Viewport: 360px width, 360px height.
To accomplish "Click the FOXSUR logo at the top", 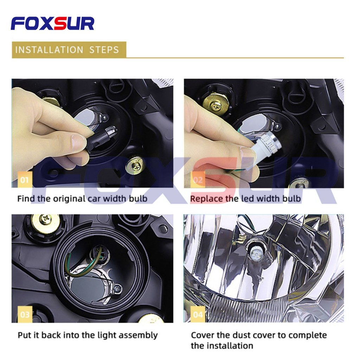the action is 52,24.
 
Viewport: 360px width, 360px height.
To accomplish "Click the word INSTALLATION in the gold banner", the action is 49,50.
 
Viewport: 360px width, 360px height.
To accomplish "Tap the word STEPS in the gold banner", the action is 104,50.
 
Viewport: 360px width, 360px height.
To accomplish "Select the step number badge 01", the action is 25,180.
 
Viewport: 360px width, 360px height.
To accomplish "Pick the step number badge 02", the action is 198,180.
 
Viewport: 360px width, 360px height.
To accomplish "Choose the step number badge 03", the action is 25,314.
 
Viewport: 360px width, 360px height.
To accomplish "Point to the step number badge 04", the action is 198,314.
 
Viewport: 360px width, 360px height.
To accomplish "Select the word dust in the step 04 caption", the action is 242,335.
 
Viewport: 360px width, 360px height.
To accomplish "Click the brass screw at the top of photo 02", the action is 216,104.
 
